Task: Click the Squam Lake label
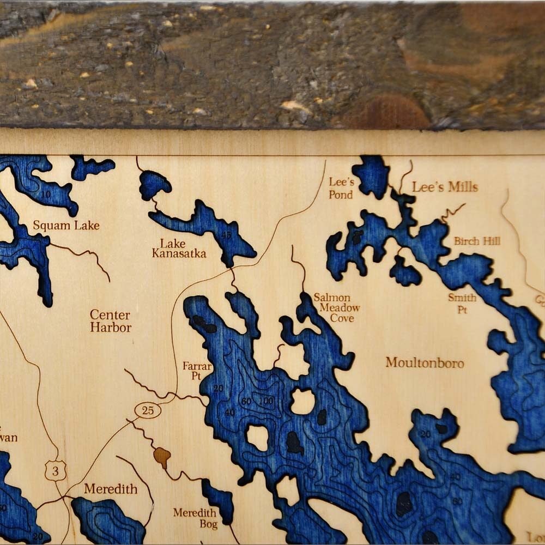66,225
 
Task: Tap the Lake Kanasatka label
179,249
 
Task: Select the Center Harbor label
111,321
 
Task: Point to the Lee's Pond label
341,187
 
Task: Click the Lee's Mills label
445,187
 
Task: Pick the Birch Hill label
477,241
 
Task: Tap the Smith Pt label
462,303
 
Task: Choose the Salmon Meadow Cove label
336,307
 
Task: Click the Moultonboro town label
425,362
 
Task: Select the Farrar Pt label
197,371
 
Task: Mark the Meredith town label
111,489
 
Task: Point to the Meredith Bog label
195,518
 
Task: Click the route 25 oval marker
148,410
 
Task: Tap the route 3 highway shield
55,470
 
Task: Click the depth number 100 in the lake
266,401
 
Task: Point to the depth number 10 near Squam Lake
46,195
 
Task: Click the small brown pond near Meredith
162,457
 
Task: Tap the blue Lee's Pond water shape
371,175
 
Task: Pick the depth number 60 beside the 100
246,402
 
